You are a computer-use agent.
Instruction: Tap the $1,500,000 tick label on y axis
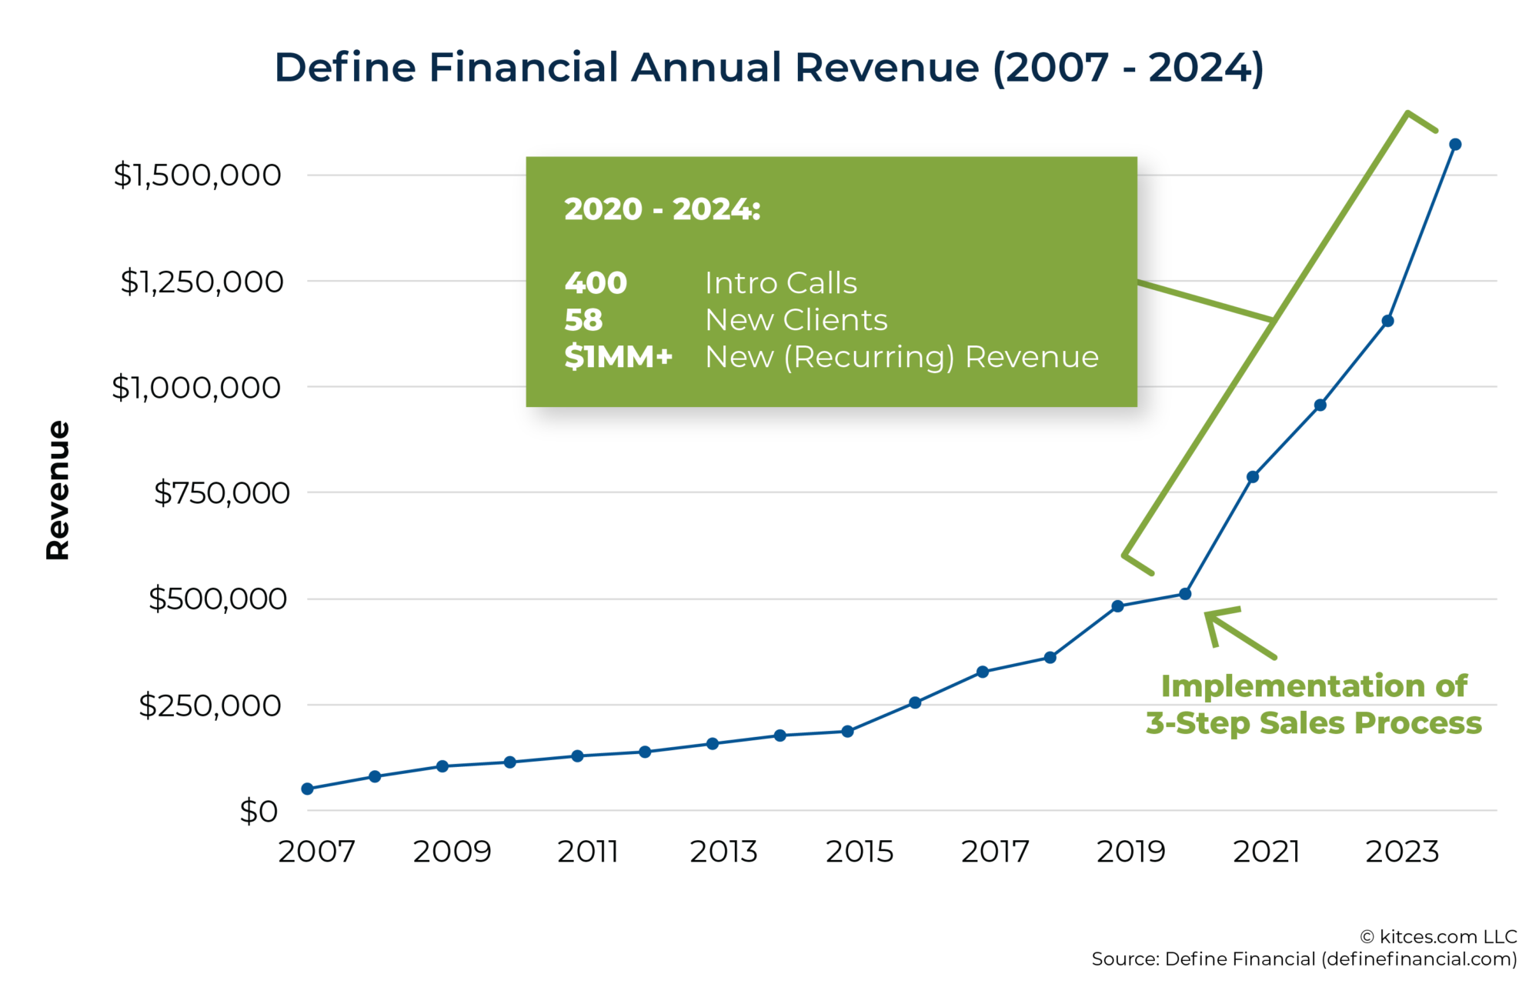(198, 175)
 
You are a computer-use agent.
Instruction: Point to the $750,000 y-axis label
(222, 493)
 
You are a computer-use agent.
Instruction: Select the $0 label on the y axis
(259, 812)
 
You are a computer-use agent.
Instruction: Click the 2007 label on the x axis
(316, 852)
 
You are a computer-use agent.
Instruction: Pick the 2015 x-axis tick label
(860, 852)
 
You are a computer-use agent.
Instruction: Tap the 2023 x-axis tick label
(1402, 852)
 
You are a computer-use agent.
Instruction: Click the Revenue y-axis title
(58, 490)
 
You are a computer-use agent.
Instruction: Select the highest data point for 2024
(1455, 145)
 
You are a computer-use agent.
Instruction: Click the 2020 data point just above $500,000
(1185, 594)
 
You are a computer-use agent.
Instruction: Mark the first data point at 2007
(308, 789)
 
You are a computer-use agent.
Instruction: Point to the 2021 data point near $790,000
(1253, 477)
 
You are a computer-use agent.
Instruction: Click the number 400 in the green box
(596, 283)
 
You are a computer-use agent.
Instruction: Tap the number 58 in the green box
(583, 320)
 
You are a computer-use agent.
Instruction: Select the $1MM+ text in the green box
(618, 357)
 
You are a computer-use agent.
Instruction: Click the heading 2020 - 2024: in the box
(663, 209)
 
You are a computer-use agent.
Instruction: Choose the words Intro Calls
(780, 283)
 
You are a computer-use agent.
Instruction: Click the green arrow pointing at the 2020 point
(1239, 633)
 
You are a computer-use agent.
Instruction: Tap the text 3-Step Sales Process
(1314, 723)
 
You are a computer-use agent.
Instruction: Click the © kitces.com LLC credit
(1438, 936)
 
